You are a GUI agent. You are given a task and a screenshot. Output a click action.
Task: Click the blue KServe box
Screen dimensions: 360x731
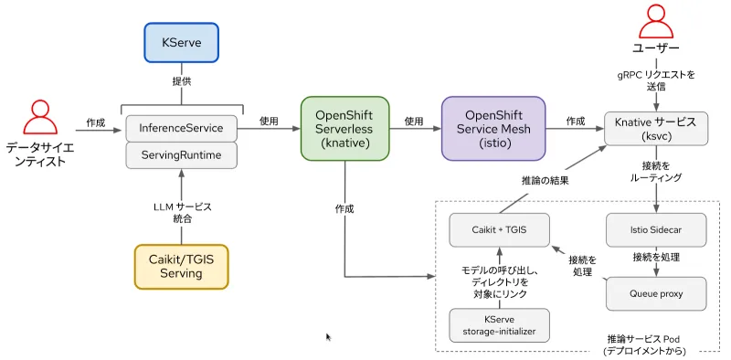[x=181, y=42]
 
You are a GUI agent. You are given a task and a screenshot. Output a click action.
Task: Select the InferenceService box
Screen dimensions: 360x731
[x=181, y=127]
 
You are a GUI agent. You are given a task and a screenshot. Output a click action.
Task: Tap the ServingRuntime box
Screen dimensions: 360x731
[x=181, y=154]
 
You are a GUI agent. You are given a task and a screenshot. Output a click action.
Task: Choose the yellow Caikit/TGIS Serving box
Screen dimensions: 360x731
[x=181, y=266]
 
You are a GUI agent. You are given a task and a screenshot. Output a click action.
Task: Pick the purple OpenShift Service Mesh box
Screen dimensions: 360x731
[x=493, y=129]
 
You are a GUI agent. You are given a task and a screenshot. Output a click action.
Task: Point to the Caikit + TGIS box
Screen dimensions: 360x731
[x=499, y=228]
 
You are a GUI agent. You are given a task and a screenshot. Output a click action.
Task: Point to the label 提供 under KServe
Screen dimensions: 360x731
[x=181, y=80]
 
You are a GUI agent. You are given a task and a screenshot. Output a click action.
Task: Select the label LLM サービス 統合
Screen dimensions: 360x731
[x=181, y=214]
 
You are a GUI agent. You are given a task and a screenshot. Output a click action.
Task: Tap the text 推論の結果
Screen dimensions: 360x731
[x=545, y=181]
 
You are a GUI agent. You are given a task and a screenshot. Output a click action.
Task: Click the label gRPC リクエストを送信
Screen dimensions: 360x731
[x=655, y=79]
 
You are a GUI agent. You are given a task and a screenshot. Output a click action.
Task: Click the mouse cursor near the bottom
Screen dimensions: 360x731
[x=329, y=337]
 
